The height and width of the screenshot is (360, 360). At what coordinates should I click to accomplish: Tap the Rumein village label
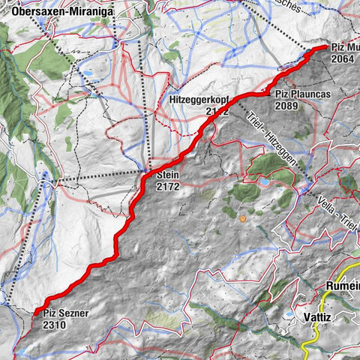tap(342, 286)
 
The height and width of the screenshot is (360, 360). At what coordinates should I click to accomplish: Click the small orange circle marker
tap(243, 219)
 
